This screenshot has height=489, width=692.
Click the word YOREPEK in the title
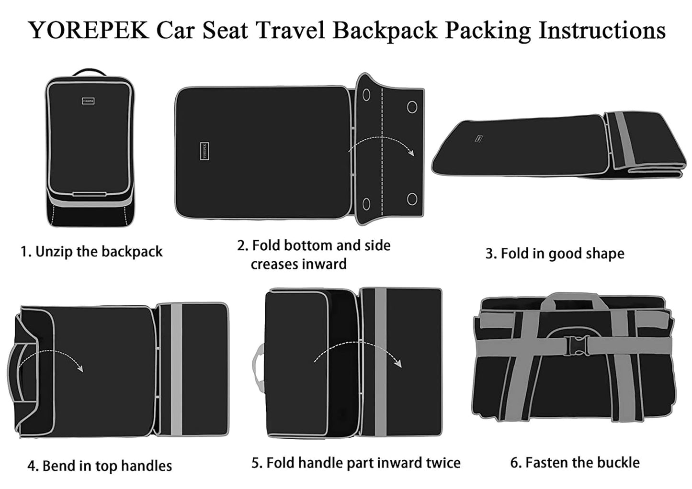point(89,30)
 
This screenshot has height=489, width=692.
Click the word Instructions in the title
point(602,30)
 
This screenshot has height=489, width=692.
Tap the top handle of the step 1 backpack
point(90,72)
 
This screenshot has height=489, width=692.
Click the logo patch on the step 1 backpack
point(88,101)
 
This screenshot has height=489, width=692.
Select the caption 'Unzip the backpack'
point(91,252)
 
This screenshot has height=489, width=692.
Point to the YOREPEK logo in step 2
point(204,151)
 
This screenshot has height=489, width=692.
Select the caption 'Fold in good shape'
point(555,254)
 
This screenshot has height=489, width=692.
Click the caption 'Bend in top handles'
point(100,466)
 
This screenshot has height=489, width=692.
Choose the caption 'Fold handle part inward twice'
point(356,463)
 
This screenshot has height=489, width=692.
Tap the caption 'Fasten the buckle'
point(575,463)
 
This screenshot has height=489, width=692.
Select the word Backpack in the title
point(385,30)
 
